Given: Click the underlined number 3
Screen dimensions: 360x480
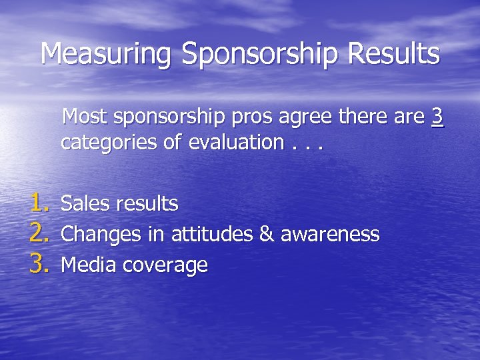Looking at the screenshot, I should pos(437,117).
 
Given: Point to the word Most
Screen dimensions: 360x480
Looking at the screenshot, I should pos(86,117).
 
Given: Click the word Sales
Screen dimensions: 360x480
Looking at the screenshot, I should pos(86,203).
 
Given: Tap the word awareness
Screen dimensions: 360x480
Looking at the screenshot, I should pos(330,235).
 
